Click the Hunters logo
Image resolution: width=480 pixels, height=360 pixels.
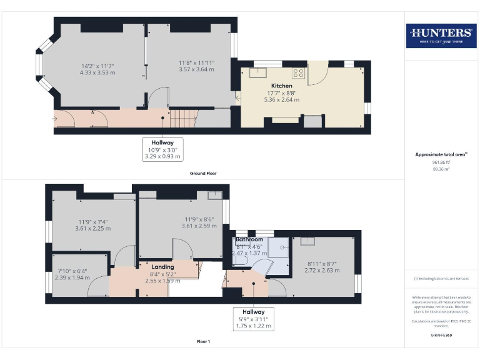pyautogui.click(x=441, y=36)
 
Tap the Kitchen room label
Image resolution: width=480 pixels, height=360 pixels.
pyautogui.click(x=281, y=85)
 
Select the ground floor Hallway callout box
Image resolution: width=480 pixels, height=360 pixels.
pyautogui.click(x=163, y=150)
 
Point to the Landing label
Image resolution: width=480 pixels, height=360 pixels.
pyautogui.click(x=163, y=266)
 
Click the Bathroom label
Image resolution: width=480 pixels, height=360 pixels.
pyautogui.click(x=249, y=239)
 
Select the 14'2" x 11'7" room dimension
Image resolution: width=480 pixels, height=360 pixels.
pyautogui.click(x=97, y=69)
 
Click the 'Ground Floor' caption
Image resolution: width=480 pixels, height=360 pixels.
pyautogui.click(x=203, y=173)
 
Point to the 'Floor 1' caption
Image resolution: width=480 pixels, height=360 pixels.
pyautogui.click(x=203, y=342)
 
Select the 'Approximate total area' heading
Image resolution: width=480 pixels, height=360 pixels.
pyautogui.click(x=440, y=154)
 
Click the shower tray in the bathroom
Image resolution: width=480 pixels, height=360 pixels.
pyautogui.click(x=279, y=247)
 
